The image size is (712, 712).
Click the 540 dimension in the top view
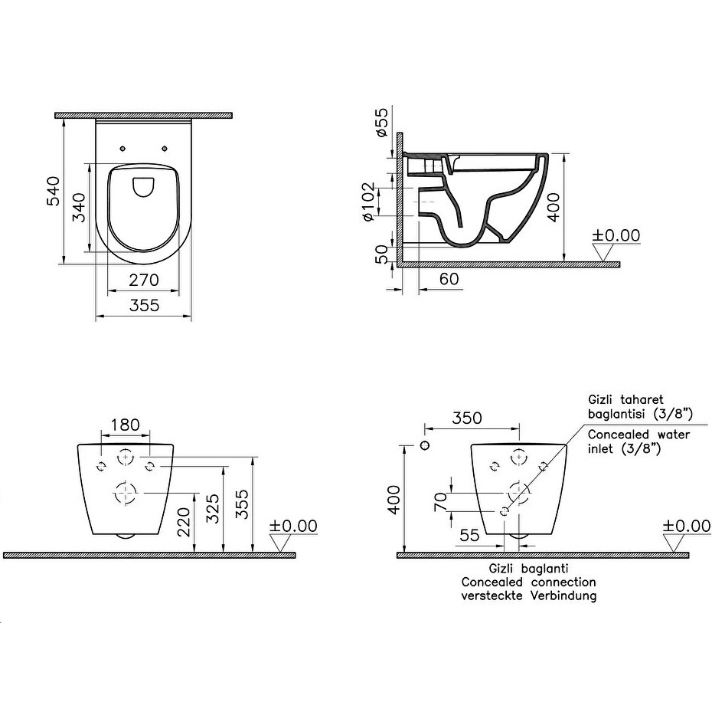coord(54,192)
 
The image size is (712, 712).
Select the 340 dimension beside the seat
coord(79,208)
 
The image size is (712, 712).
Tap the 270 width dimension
coord(144,280)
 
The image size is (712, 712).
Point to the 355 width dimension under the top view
coord(145,305)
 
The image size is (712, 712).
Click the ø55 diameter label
coord(381,122)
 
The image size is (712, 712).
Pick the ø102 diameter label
coord(368,202)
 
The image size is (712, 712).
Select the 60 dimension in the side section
coord(449,279)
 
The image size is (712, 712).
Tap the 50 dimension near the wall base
coord(382,254)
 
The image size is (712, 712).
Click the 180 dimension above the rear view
coord(125,425)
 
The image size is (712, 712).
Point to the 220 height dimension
coord(184,522)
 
